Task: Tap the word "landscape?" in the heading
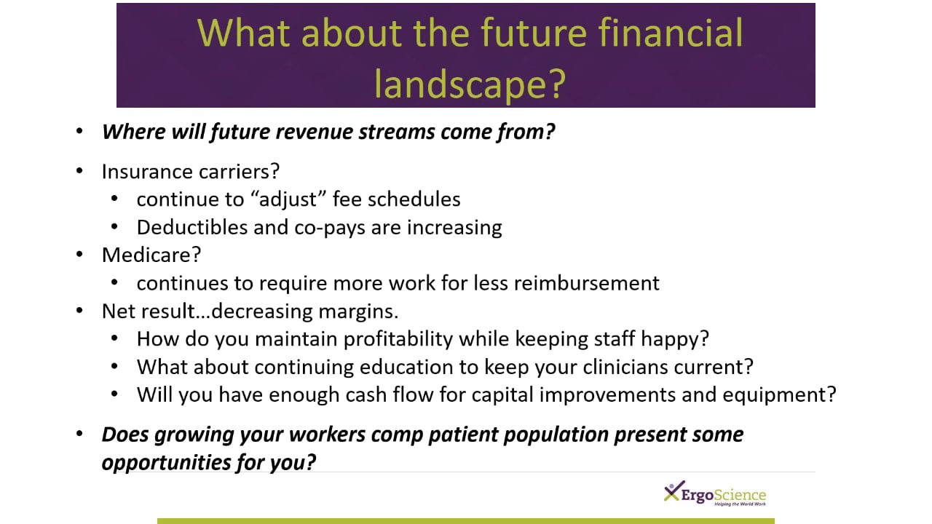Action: [x=470, y=84]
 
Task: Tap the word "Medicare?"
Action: [x=151, y=255]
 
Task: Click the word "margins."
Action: [x=358, y=311]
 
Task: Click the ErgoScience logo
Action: [x=715, y=494]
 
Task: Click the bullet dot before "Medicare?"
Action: [x=80, y=255]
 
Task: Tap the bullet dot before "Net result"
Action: [x=80, y=311]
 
